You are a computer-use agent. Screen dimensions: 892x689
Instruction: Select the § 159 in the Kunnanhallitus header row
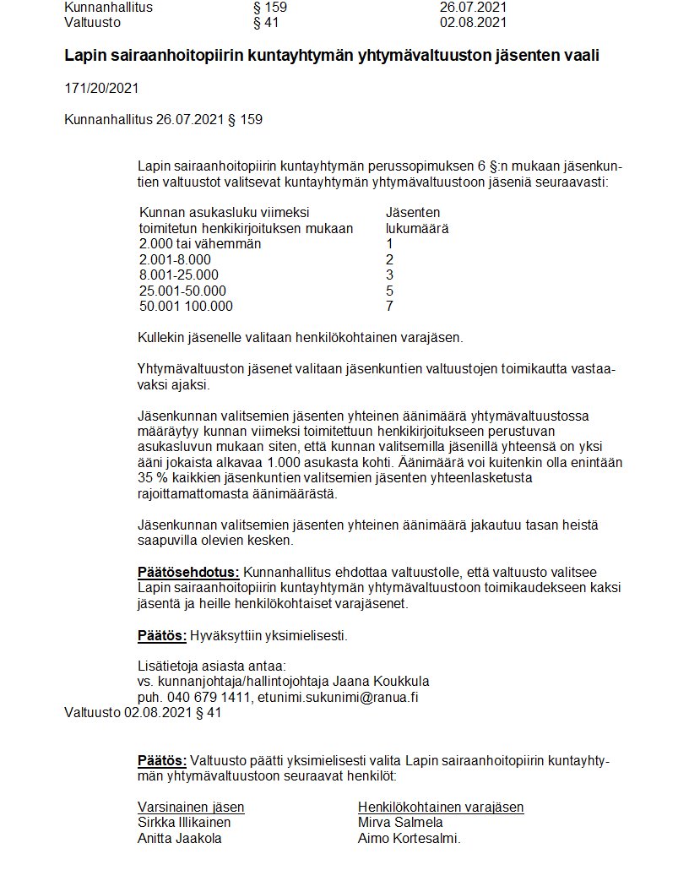click(x=270, y=7)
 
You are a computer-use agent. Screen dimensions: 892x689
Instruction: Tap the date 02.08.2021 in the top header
click(x=473, y=22)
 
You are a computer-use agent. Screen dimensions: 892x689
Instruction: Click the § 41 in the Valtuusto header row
click(x=266, y=22)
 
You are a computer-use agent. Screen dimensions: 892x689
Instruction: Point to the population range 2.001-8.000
click(x=175, y=259)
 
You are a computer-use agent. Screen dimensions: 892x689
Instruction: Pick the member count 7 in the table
click(x=389, y=306)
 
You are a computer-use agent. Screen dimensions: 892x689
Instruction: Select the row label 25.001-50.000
click(x=182, y=291)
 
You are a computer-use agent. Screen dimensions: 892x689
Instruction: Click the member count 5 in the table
click(x=389, y=291)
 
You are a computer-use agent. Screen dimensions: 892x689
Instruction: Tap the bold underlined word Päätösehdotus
click(x=188, y=573)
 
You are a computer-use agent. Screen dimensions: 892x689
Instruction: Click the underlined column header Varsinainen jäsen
click(x=191, y=807)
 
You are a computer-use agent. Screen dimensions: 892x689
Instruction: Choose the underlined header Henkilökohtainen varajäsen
click(x=441, y=807)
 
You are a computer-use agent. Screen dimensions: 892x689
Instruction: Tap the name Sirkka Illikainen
click(x=184, y=822)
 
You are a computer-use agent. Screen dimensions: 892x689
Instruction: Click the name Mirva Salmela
click(x=400, y=822)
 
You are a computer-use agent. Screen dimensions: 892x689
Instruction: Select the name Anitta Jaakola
click(x=180, y=838)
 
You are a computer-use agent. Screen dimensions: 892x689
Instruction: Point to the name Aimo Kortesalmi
click(x=408, y=838)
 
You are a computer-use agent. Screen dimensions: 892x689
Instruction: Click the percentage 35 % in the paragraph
click(x=152, y=478)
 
